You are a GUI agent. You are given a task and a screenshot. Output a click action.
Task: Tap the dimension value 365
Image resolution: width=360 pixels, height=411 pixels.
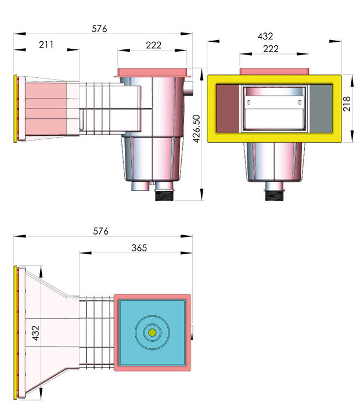coord(139,247)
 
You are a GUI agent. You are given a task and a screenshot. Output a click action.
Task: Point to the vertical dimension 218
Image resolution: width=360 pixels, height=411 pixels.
coord(347,104)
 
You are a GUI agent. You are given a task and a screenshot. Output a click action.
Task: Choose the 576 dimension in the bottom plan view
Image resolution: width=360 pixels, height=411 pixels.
coord(101,231)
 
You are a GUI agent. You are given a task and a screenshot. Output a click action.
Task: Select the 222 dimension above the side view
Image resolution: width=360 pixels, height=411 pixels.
coord(153,45)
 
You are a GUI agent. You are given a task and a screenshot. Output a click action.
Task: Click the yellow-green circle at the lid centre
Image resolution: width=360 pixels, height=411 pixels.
coord(152,332)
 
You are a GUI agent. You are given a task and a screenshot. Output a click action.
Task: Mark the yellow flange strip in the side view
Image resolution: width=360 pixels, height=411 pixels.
coord(15,109)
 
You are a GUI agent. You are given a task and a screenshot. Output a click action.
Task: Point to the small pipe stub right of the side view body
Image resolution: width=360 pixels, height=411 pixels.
coord(191,89)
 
